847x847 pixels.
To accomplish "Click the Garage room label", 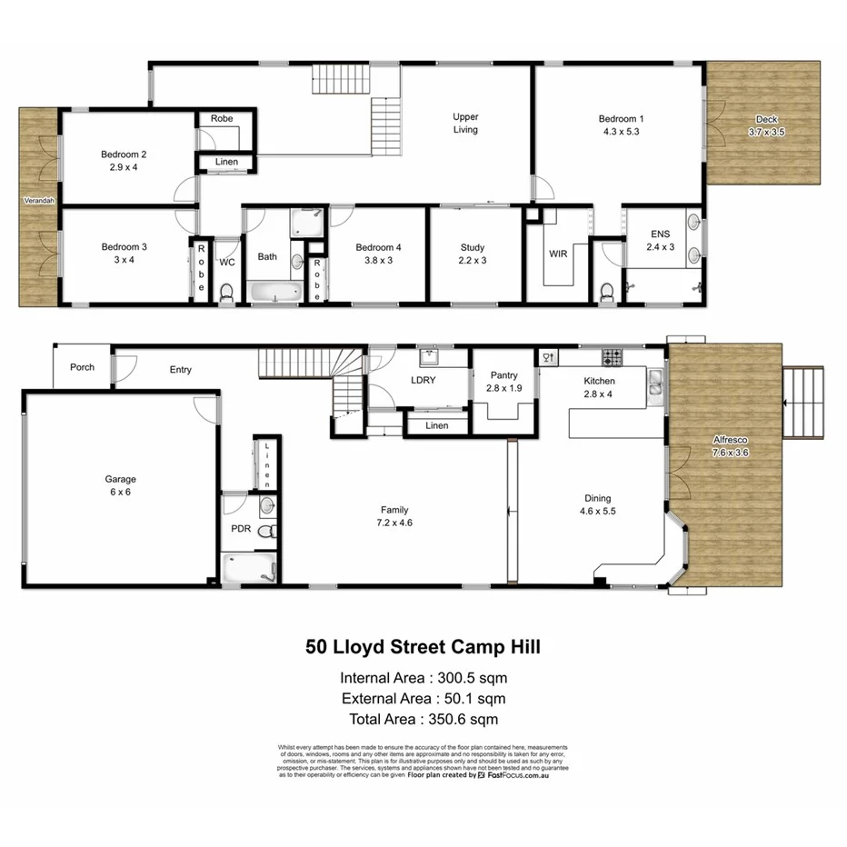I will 120,479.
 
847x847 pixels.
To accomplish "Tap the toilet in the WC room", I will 226,291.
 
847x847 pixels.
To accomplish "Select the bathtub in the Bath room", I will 274,293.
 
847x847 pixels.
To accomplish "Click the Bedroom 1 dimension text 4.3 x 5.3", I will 621,131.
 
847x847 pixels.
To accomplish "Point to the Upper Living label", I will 465,123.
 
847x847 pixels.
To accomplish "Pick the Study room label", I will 473,247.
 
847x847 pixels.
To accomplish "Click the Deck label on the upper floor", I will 766,119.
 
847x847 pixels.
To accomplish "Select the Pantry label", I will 503,374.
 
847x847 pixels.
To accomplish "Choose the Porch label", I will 82,367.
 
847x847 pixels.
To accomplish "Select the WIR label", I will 558,254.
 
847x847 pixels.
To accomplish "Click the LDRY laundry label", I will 423,380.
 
